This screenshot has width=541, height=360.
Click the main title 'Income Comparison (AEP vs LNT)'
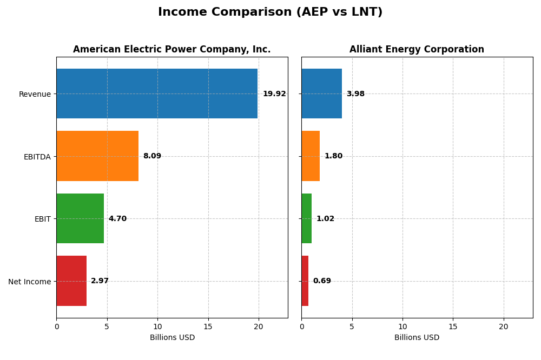coord(270,12)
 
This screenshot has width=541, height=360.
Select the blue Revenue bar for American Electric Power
coord(157,94)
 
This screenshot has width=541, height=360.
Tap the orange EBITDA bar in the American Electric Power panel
coord(97,156)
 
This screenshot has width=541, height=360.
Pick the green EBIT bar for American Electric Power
coord(80,218)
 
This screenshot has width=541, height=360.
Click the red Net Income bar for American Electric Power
coord(71,281)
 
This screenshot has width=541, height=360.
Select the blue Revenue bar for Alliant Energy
coord(321,94)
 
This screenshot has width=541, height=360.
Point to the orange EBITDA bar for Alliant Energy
coord(311,156)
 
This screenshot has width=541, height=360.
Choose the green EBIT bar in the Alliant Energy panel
coord(307,218)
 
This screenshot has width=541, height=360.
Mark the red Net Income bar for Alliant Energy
coord(305,281)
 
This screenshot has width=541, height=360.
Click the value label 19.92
coord(274,94)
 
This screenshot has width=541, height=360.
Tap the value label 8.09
coord(152,156)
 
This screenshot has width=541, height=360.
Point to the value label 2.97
coord(100,281)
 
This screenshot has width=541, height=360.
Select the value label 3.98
coord(355,94)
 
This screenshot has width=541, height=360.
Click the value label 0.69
coord(322,281)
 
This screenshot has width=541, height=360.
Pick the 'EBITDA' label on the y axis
coord(37,157)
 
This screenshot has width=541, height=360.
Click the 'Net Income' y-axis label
coord(29,282)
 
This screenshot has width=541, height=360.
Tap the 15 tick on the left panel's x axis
coord(208,326)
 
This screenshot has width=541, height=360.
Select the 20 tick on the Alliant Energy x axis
coord(504,326)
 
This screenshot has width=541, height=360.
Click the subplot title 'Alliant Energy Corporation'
coord(417,50)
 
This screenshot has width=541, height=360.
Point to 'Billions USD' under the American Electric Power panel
coord(172,338)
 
